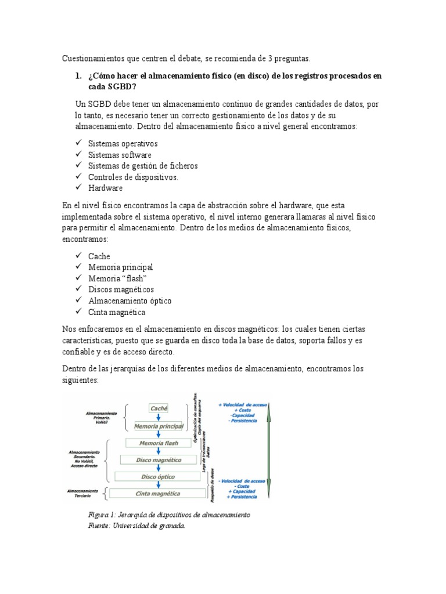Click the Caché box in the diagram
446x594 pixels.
[x=159, y=408]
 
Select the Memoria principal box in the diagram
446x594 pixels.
[x=159, y=426]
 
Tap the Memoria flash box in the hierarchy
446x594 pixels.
[x=159, y=443]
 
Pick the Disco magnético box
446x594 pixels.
[x=159, y=460]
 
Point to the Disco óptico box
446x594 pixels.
[x=158, y=477]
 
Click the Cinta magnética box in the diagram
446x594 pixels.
[x=158, y=494]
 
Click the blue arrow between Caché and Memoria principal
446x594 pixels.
[x=159, y=417]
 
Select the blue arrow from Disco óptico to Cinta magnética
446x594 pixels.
[x=159, y=486]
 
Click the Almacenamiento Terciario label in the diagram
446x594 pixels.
[x=83, y=493]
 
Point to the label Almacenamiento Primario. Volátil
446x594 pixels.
[x=101, y=417]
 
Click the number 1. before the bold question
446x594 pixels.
[x=79, y=76]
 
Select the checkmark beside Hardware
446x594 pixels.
[x=79, y=188]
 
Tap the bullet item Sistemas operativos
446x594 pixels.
[x=123, y=143]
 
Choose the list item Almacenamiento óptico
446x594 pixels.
[x=130, y=300]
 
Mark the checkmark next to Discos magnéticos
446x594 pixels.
[x=79, y=289]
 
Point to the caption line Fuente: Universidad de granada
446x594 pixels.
[x=136, y=526]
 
